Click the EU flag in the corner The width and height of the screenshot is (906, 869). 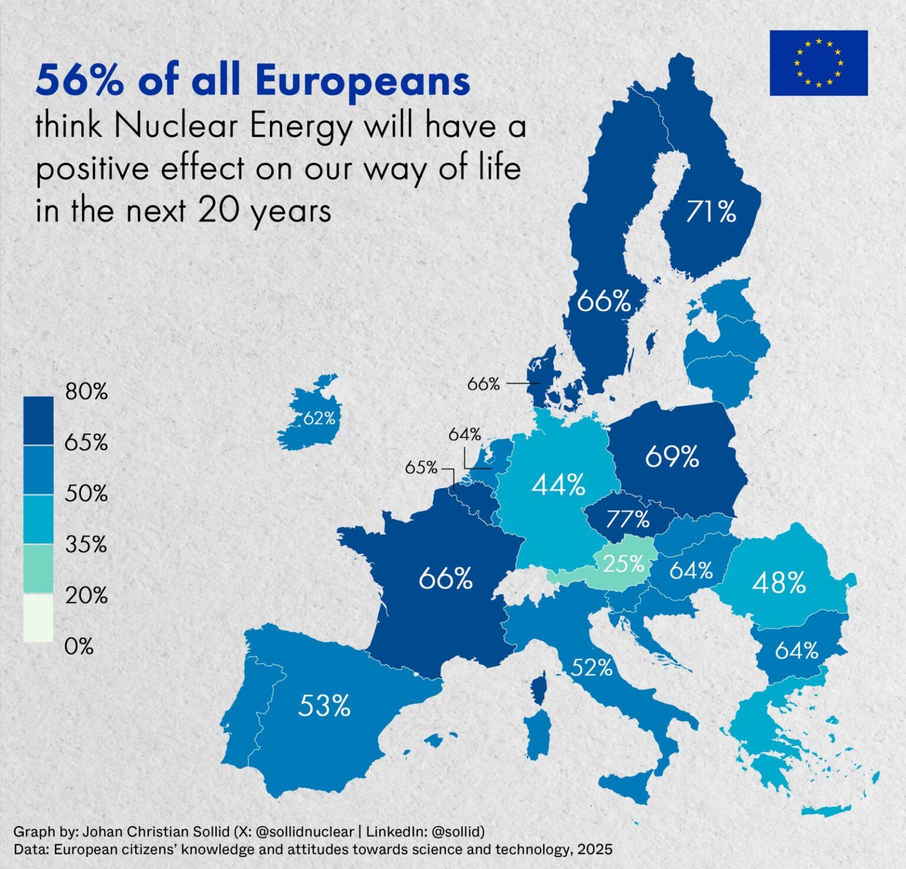coord(819,63)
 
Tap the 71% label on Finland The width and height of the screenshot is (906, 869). coord(711,211)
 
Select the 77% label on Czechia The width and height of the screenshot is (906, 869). coord(628,519)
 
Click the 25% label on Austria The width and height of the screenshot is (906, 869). coord(623,564)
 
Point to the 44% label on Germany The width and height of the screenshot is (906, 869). coord(558,485)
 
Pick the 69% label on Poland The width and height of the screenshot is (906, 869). coord(672,456)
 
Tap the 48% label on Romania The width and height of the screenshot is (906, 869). coord(779,583)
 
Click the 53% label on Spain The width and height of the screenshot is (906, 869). coord(324,705)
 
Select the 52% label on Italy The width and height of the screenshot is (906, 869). coord(592,668)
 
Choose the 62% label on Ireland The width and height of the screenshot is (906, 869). coord(319,419)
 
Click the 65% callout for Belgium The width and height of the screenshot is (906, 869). coord(421,468)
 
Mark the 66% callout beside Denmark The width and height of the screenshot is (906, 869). coord(484,384)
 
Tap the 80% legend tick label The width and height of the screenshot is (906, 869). coord(87,391)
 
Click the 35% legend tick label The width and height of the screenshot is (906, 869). coord(86,544)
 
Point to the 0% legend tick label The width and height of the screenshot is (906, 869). coord(79,646)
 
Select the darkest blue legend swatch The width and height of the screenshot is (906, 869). coord(38,420)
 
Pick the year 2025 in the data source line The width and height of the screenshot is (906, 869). coord(595,850)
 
